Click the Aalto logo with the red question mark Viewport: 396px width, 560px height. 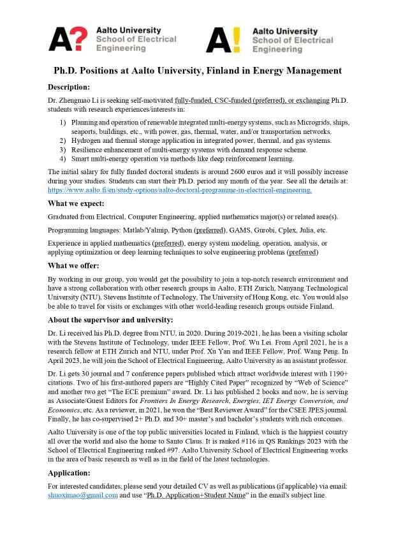(68, 39)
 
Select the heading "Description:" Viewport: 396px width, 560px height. (69, 87)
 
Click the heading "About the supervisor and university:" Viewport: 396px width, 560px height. (110, 320)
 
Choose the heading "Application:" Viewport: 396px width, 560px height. (69, 473)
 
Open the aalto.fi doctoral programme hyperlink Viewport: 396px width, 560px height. (180, 190)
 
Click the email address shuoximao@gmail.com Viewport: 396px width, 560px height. (83, 495)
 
